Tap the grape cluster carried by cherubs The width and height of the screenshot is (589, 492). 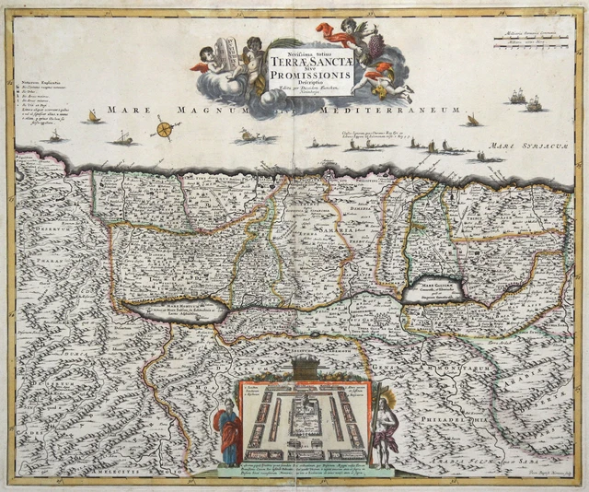(373, 45)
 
